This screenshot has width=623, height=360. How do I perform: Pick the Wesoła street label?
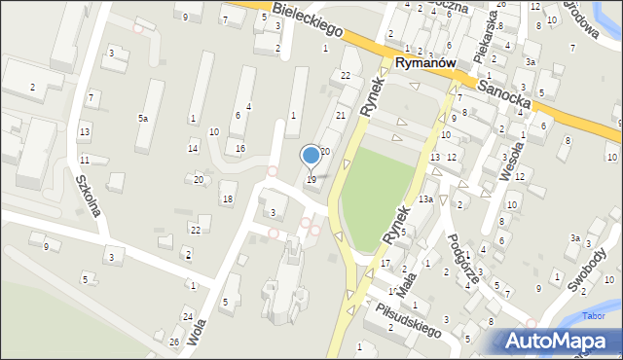pyautogui.click(x=505, y=152)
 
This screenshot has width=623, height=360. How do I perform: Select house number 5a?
pyautogui.click(x=143, y=118)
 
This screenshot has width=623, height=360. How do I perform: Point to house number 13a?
pyautogui.click(x=425, y=199)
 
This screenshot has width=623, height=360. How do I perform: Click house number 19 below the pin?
pyautogui.click(x=311, y=180)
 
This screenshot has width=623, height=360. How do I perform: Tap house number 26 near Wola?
pyautogui.click(x=174, y=342)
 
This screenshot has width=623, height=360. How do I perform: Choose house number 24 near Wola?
pyautogui.click(x=187, y=317)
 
